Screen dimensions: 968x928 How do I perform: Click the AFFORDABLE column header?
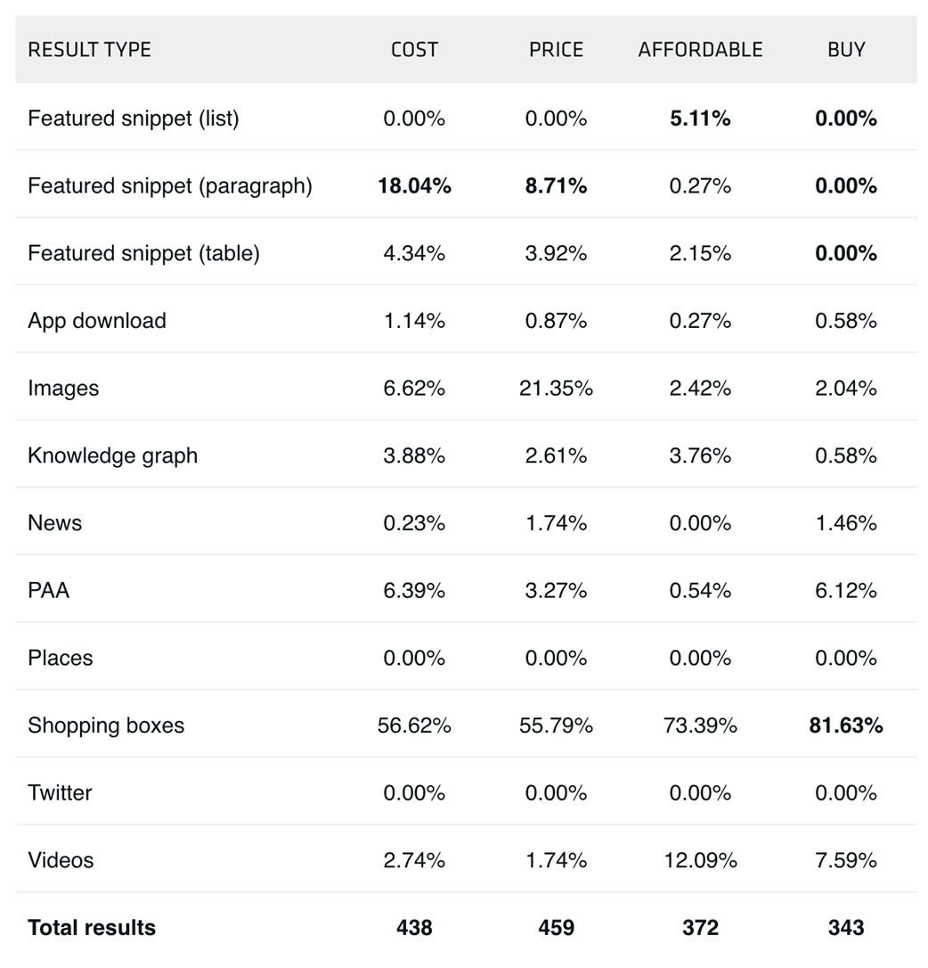tap(700, 50)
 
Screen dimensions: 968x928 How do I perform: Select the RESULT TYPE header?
tap(89, 50)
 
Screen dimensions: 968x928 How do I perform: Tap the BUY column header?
tap(846, 50)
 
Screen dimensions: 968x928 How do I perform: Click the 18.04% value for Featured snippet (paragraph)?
tap(414, 186)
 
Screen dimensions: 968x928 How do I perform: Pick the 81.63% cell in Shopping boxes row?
tap(846, 726)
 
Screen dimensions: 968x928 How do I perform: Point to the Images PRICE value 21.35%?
tap(556, 389)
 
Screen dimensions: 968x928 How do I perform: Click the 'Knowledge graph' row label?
tap(112, 455)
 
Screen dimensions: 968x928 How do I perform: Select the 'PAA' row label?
tap(48, 590)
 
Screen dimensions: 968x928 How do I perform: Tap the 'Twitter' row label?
tap(60, 792)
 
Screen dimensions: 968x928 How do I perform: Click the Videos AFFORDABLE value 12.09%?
tap(700, 860)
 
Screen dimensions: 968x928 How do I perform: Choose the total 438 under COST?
tap(414, 928)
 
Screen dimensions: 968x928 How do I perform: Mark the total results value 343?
tap(846, 928)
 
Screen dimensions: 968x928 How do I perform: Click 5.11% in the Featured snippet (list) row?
tap(700, 119)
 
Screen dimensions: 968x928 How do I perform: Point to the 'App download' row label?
tap(96, 321)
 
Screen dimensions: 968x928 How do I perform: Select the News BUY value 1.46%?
tap(846, 523)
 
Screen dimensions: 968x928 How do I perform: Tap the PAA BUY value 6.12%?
tap(846, 590)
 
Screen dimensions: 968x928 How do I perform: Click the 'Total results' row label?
tap(91, 928)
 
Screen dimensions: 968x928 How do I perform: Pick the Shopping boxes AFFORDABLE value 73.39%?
tap(700, 726)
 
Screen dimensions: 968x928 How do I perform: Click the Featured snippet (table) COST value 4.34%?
tap(414, 253)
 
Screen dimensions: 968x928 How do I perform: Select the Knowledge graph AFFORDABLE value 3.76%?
tap(700, 455)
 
